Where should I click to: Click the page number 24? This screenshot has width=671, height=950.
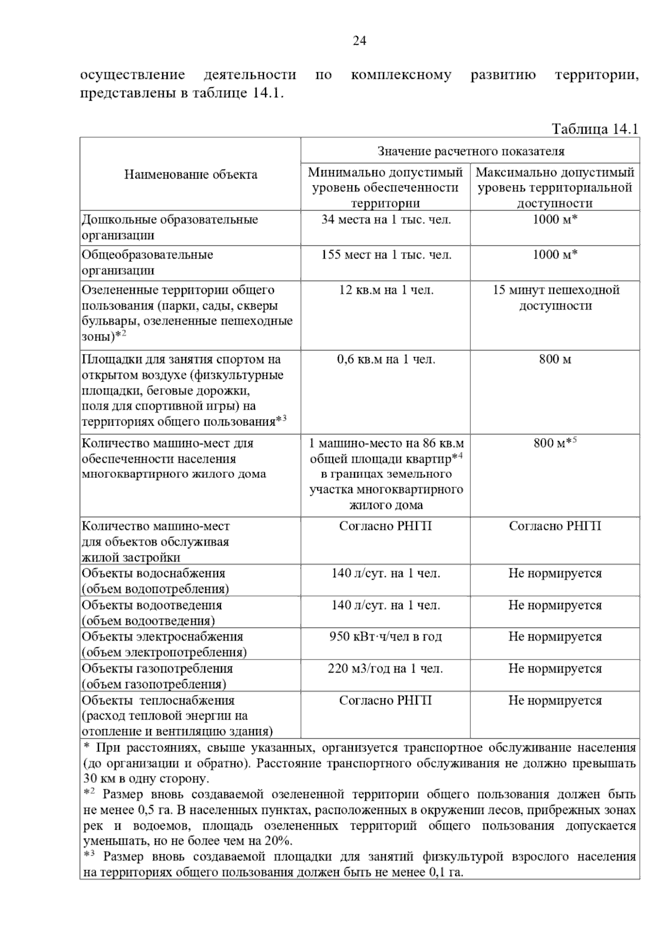(359, 41)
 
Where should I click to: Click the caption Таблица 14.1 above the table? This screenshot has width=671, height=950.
(595, 129)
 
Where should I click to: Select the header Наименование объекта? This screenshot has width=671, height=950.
(191, 175)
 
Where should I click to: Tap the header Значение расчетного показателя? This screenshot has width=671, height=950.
(471, 151)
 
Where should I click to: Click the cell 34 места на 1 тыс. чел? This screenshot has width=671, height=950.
(386, 219)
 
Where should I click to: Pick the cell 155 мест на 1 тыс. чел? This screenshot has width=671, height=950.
(386, 255)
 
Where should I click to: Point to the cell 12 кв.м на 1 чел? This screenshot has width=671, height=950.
(386, 290)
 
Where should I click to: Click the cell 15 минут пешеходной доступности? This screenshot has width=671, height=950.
(555, 298)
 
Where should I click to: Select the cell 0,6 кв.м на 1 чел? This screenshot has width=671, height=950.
(386, 359)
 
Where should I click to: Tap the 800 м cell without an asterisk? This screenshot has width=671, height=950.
(555, 359)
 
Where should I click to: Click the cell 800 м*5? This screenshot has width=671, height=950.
(555, 443)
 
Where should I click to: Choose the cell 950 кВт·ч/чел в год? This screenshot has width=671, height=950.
(386, 637)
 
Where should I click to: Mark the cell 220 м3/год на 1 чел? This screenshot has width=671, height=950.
(386, 669)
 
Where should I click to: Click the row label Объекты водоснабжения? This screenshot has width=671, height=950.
(154, 573)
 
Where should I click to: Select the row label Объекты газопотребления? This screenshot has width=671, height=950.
(157, 669)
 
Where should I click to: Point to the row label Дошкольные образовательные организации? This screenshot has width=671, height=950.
(170, 227)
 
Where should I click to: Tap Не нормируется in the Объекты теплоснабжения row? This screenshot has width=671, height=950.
(555, 700)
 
